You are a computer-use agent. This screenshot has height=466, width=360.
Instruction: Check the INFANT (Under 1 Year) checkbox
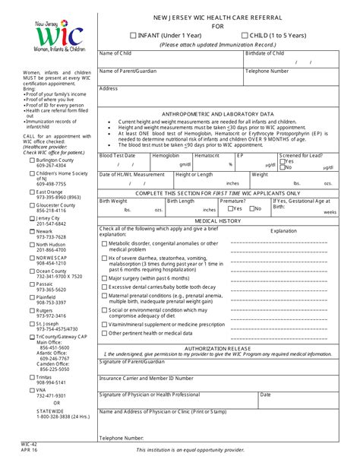134,35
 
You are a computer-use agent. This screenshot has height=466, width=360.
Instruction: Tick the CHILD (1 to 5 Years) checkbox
244,35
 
